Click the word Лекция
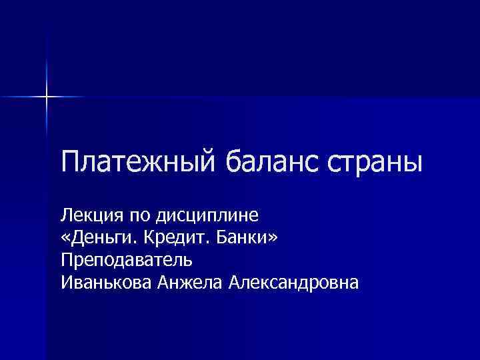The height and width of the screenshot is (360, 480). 88,216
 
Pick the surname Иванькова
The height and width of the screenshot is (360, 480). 107,283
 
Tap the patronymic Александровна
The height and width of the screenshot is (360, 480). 293,283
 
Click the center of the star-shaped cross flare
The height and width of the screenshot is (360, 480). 47,97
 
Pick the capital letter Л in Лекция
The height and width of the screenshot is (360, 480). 65,215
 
